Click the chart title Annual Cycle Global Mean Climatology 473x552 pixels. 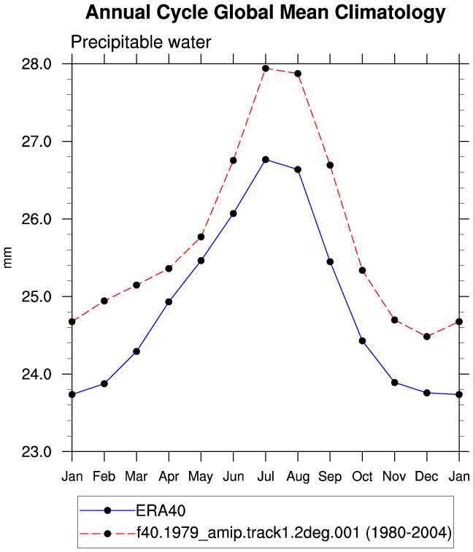(x=266, y=13)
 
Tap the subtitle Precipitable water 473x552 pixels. (x=141, y=42)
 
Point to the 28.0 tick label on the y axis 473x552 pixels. (x=36, y=64)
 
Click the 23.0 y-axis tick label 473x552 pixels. (x=36, y=452)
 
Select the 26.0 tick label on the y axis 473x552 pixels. (x=36, y=219)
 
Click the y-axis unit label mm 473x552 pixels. (x=7, y=257)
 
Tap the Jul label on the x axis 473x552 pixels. (x=266, y=476)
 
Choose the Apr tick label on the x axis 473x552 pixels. (x=169, y=477)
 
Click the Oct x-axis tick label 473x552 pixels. (x=362, y=476)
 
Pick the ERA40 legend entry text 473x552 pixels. (x=161, y=510)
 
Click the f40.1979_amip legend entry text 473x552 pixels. (x=294, y=532)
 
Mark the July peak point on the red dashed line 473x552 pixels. (x=266, y=69)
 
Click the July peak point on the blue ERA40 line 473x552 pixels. (x=266, y=159)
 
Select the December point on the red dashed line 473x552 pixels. (x=427, y=337)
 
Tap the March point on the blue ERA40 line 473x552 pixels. (x=136, y=351)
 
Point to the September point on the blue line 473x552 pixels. (x=330, y=261)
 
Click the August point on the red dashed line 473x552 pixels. (x=298, y=74)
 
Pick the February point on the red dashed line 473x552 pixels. (x=104, y=301)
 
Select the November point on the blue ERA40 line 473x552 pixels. (x=394, y=383)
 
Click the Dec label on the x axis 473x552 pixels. (x=426, y=476)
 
